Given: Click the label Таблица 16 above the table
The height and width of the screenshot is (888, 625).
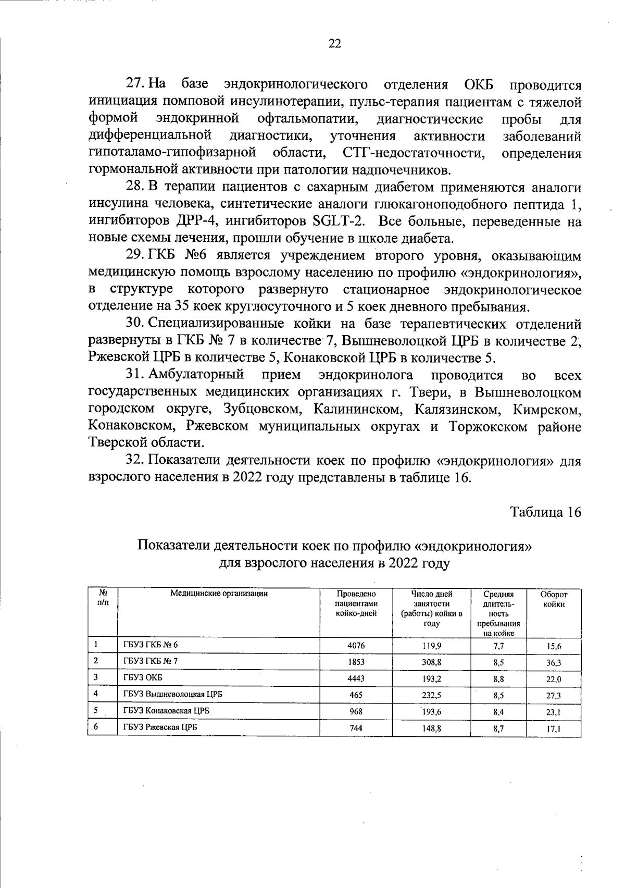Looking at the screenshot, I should point(545,512).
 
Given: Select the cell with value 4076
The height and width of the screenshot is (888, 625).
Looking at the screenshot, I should point(356,645).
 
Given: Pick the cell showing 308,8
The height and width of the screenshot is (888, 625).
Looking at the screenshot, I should point(432,661).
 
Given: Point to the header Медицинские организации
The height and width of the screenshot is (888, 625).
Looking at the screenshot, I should point(219,594).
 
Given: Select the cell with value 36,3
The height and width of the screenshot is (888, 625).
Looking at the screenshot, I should point(554,663).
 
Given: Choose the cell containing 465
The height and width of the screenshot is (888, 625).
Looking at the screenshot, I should point(356,695).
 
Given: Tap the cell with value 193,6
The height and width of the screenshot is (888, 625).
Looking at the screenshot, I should point(432,711).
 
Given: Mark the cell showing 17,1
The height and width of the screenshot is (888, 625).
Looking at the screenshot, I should point(554,730).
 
